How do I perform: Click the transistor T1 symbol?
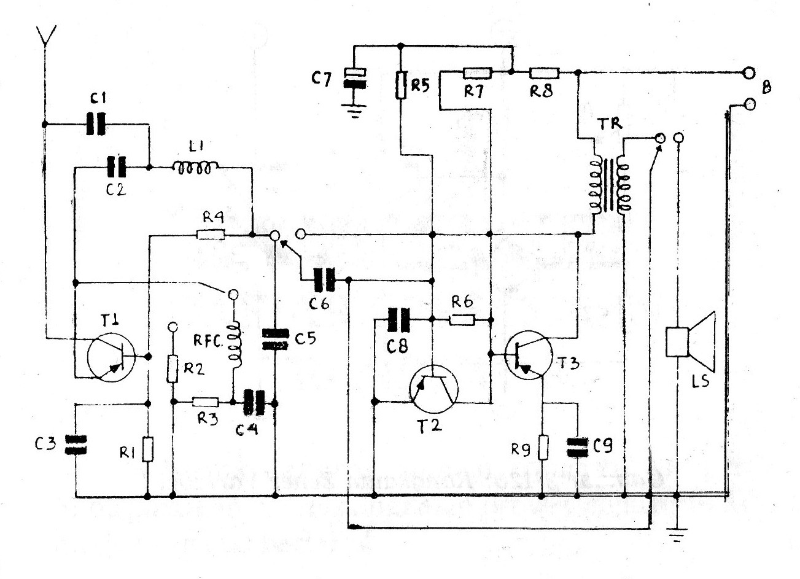tap(111, 358)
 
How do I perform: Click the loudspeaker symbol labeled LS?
tap(691, 341)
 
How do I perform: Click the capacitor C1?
tap(95, 125)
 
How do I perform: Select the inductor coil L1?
tap(195, 167)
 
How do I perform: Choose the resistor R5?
tap(401, 85)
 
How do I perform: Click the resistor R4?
tap(211, 235)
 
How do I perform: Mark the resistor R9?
tap(543, 446)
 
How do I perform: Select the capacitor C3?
tap(76, 445)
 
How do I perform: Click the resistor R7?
tap(477, 73)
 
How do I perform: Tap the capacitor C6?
tap(324, 280)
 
